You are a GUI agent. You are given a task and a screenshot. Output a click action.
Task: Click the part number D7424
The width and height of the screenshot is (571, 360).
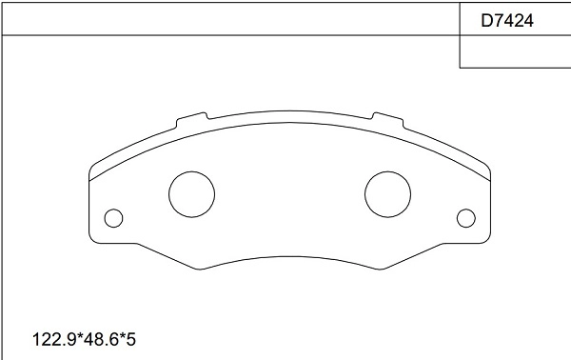pyautogui.click(x=505, y=18)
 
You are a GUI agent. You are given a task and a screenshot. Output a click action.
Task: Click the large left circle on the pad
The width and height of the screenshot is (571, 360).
pyautogui.click(x=191, y=194)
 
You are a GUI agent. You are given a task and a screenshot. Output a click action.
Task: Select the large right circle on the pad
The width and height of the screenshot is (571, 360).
pyautogui.click(x=387, y=194)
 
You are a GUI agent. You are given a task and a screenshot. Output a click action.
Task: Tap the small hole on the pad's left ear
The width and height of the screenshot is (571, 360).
pyautogui.click(x=114, y=218)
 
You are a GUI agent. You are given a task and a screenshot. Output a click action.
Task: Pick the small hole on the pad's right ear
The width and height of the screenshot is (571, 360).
pyautogui.click(x=465, y=218)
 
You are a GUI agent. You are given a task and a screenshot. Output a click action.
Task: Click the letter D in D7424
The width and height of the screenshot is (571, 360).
pyautogui.click(x=485, y=18)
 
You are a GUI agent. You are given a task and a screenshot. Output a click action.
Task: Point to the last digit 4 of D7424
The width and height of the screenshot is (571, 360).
pyautogui.click(x=526, y=18)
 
